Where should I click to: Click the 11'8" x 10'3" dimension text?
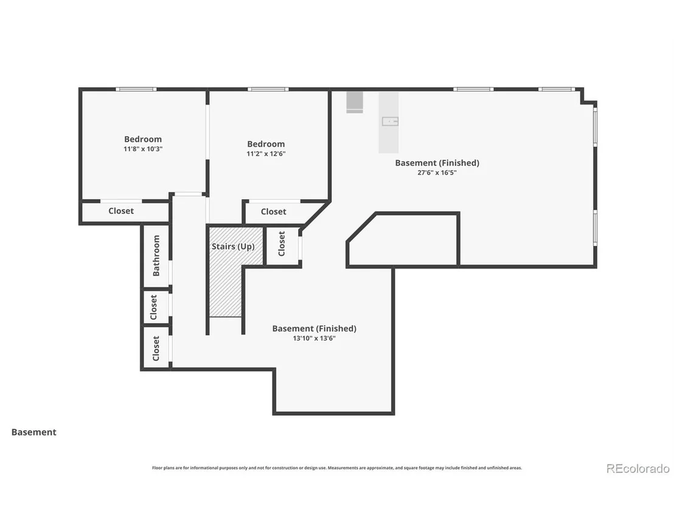point(143,149)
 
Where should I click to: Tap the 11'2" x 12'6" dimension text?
point(266,154)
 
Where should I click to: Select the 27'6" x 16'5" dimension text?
point(437,173)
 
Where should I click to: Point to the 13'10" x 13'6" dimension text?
point(314,338)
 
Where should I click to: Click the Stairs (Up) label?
point(233,247)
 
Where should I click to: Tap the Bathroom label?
point(156,255)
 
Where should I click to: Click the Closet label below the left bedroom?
point(121,211)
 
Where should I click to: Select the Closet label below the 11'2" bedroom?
point(273,211)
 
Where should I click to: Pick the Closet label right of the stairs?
point(282,244)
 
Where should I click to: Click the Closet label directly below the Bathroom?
point(153,307)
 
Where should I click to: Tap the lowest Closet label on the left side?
point(156,348)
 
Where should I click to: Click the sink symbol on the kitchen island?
point(391,122)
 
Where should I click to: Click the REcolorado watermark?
point(638,469)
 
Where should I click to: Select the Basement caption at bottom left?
point(34,432)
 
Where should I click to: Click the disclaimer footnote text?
point(337,468)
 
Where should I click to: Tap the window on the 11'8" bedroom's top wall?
point(136,89)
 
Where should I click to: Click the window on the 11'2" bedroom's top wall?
point(268,89)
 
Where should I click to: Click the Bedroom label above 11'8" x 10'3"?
point(143,139)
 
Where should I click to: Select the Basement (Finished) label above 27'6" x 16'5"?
point(437,163)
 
